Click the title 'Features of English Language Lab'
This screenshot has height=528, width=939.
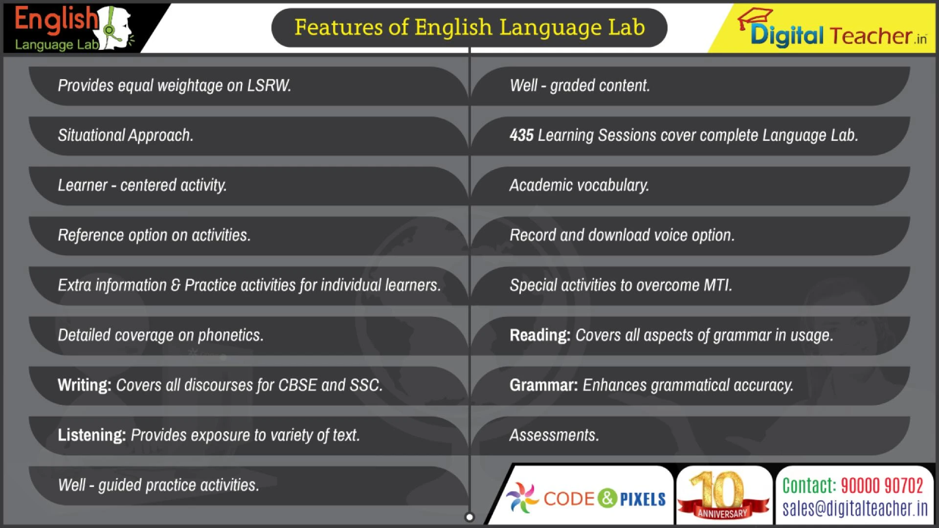469,27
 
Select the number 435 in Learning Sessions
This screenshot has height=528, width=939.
521,135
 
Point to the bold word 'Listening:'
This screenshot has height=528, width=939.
92,435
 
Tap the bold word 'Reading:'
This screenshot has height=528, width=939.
540,335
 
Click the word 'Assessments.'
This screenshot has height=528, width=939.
554,435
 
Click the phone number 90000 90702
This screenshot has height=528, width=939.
882,486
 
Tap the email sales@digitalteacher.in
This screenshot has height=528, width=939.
855,508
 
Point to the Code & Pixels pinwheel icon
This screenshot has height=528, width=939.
522,498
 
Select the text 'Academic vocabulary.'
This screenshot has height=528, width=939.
579,185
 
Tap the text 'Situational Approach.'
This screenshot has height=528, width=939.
126,135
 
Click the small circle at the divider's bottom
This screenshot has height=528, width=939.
469,517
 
